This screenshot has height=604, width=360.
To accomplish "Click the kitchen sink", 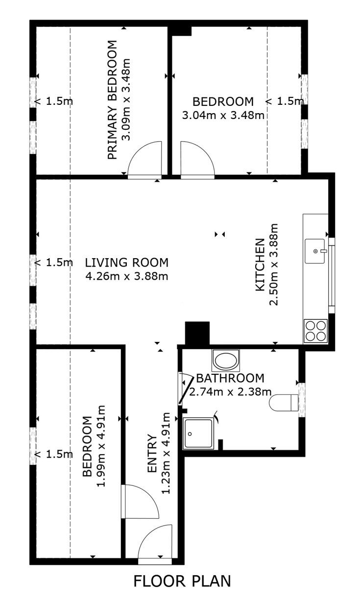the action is (315, 251).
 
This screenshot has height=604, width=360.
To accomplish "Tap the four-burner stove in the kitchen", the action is (315, 331).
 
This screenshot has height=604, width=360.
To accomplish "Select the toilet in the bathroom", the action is (284, 403).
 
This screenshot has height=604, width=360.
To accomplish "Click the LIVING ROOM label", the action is (127, 263).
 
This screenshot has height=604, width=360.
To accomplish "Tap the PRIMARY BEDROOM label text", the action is (113, 100).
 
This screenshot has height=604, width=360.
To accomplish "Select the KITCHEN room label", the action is (260, 265).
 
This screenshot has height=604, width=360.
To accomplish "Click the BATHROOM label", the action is (230, 378).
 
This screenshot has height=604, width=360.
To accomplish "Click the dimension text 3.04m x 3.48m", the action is (223, 116).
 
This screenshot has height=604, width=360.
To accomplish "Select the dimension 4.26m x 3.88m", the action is (127, 276).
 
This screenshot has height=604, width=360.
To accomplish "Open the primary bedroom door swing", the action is (145, 160).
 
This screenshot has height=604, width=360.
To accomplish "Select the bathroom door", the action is (186, 388).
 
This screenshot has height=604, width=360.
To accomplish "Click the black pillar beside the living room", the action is (197, 333).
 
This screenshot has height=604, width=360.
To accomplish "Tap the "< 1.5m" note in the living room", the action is (54, 262).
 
